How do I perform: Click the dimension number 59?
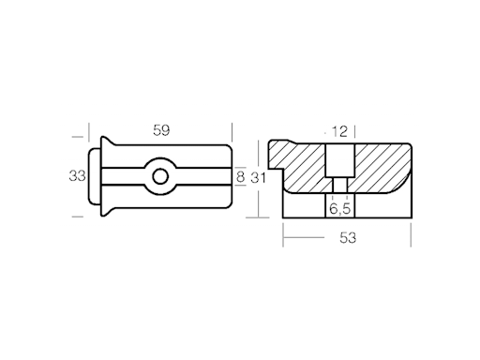[x=161, y=130]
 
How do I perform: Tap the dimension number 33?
[x=77, y=175]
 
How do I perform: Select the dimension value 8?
[x=240, y=175]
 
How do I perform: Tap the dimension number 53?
[x=348, y=238]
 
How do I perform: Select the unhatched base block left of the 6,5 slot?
[x=305, y=209]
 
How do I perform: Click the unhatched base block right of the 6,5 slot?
[x=380, y=208]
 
